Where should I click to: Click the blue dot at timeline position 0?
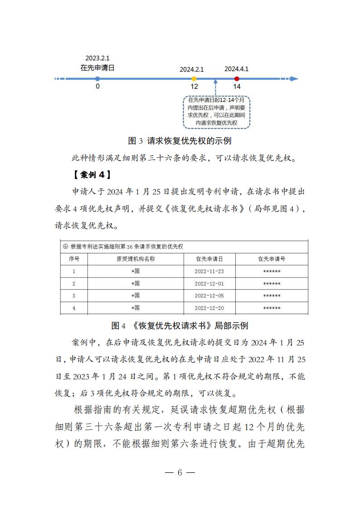tap(97, 78)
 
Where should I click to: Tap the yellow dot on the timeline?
tap(194, 78)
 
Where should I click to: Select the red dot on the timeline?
tap(237, 78)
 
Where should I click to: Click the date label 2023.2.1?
tap(97, 59)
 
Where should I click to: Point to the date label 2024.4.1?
tap(236, 69)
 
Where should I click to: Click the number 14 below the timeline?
tap(237, 87)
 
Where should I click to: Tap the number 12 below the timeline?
tap(194, 87)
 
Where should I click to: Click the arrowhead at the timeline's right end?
tap(294, 78)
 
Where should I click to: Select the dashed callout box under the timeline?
tap(216, 112)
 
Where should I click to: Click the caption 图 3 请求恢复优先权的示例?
tap(180, 141)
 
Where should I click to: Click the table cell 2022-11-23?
tap(209, 271)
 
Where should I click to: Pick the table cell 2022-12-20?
tap(209, 308)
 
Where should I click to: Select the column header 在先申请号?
tap(272, 259)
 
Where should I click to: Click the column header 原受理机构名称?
tap(136, 259)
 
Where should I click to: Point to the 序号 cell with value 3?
tap(74, 296)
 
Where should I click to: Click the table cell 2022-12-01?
tap(209, 283)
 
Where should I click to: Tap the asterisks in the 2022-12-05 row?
tap(272, 296)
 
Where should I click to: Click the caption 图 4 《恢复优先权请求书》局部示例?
tap(180, 326)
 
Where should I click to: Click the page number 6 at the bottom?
tap(180, 472)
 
